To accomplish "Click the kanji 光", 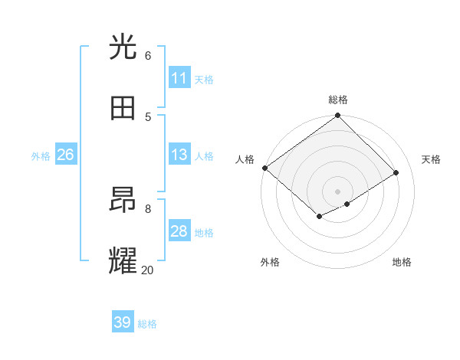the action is [123, 47].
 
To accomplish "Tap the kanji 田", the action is [123, 108].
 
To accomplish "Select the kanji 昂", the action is [123, 201].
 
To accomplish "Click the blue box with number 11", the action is [179, 78].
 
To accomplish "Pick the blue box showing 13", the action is [179, 155].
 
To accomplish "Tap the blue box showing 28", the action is [179, 231].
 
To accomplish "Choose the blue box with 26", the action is [65, 155].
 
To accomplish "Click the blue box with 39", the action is [123, 322].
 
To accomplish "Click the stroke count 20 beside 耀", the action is [147, 270].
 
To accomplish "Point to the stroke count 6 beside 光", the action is [148, 55].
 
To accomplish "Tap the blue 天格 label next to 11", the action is [204, 79].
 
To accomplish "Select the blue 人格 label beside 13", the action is [204, 155].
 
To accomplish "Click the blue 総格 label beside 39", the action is [147, 323].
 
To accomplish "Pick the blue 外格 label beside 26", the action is [41, 155].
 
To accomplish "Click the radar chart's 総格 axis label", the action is [338, 100].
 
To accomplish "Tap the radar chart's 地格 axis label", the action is [402, 262].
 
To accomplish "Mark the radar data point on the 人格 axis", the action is [264, 168].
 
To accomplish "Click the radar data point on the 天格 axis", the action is [396, 173].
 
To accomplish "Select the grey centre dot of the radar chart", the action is [337, 191].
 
